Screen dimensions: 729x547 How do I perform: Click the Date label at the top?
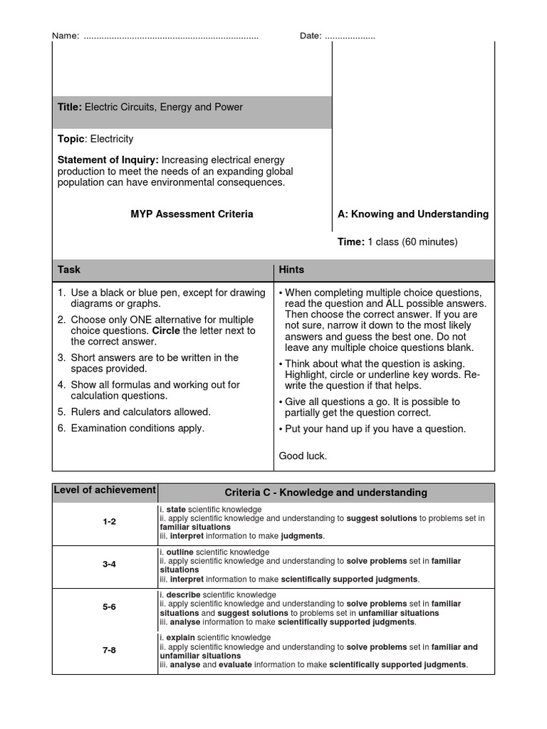311,36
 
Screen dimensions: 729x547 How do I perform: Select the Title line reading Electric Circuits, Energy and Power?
150,107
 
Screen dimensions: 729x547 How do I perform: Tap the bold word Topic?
71,139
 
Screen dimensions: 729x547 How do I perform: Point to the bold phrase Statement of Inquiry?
108,160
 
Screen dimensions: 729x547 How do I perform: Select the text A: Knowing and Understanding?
413,214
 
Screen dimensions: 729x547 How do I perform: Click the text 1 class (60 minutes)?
412,242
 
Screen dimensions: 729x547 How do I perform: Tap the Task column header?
69,270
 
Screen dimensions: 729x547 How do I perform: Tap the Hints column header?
291,270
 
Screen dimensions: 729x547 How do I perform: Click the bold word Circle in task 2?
165,331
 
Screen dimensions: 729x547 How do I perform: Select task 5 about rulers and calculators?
140,412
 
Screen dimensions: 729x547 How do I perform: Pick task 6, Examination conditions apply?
137,429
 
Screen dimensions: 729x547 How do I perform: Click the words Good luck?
303,456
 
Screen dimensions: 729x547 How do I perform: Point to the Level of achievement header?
105,490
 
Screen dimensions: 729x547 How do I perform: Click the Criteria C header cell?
325,493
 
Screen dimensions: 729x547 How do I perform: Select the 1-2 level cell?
109,522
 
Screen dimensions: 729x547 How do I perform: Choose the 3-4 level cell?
109,565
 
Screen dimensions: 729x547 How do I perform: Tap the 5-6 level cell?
109,608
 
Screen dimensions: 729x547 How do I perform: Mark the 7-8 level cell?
109,651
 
